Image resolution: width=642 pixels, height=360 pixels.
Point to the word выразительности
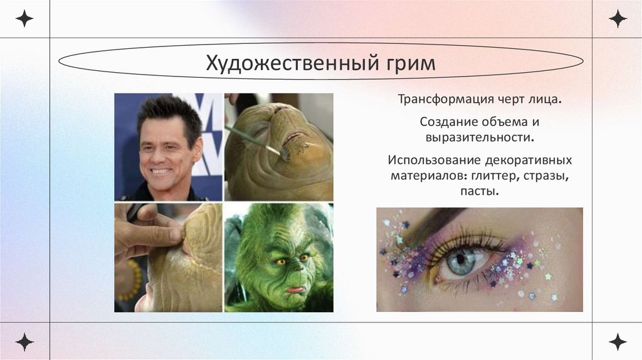[480, 136]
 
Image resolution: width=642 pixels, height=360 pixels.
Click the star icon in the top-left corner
[24, 18]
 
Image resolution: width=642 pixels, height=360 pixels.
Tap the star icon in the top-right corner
[618, 18]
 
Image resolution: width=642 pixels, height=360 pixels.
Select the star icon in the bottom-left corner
[24, 342]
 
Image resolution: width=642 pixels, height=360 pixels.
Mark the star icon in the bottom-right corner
[618, 342]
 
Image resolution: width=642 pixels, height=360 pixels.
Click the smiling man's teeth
[161, 170]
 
